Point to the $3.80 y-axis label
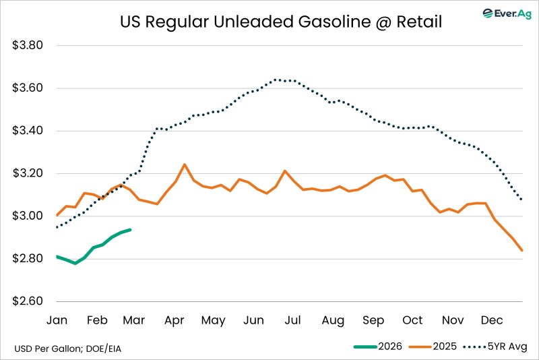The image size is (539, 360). coord(28,46)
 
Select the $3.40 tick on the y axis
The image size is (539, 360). coord(28,131)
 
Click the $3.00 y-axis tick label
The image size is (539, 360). coord(28,216)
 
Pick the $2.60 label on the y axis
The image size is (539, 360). coord(28,301)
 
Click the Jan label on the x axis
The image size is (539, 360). coord(57,320)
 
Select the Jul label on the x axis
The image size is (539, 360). coord(292,320)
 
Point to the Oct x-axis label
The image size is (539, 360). coord(412,320)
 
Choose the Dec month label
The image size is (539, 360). coord(491,320)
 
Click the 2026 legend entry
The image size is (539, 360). coord(379,347)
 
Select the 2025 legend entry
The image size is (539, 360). coord(433,347)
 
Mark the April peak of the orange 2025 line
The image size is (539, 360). coord(185,164)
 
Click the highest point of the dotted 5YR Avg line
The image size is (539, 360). coord(276,80)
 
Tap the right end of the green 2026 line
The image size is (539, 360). coord(130,229)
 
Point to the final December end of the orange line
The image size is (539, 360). coord(522,251)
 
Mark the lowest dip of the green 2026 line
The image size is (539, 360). coord(75,263)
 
